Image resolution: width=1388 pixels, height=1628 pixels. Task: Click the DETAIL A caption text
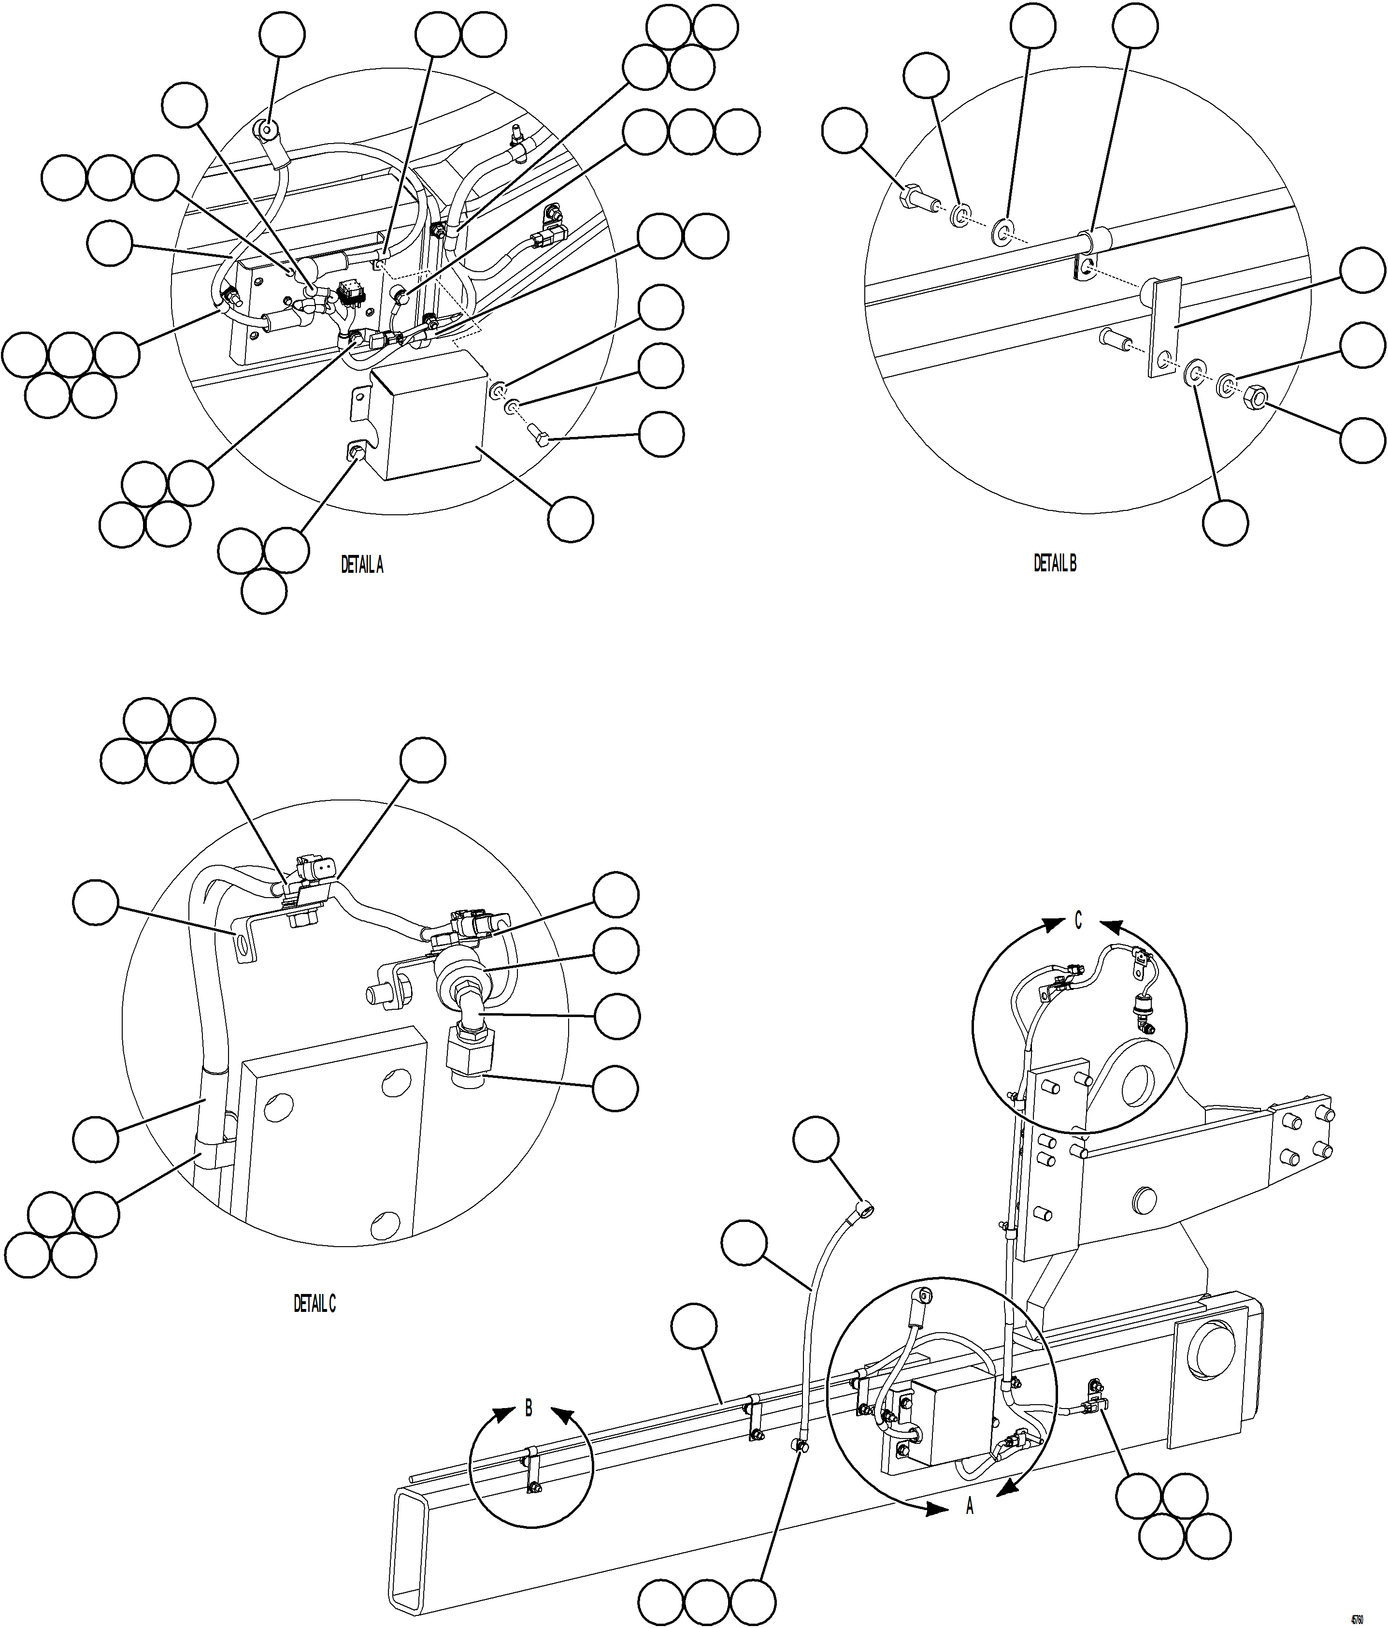coord(362,565)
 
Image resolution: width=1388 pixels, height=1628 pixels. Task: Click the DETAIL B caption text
coord(1055,563)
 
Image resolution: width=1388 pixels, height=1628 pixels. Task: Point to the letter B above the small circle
coord(529,1409)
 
